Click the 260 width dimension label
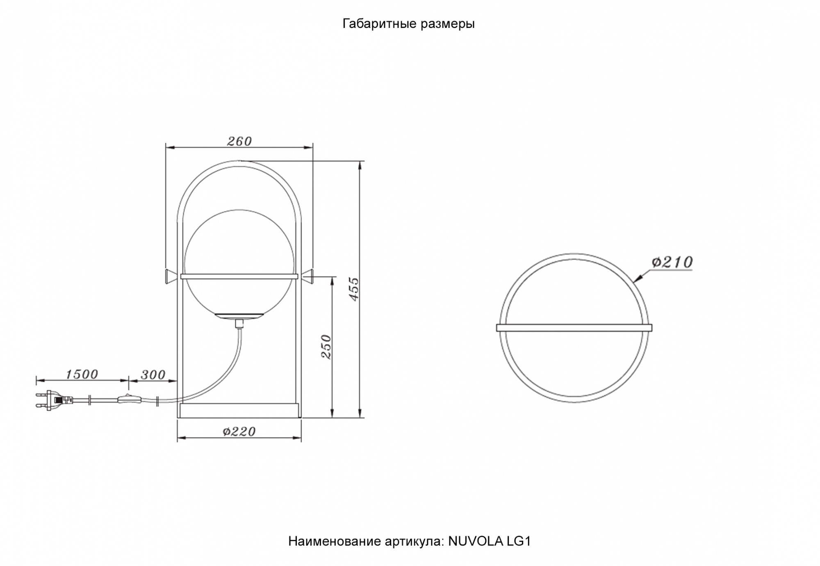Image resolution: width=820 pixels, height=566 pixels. [239, 141]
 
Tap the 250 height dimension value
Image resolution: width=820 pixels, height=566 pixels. [326, 347]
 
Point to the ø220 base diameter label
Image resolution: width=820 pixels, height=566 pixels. [239, 431]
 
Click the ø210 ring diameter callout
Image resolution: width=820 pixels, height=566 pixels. [672, 262]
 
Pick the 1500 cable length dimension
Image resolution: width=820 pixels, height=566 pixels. [82, 374]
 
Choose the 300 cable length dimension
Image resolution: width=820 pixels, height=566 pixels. [153, 374]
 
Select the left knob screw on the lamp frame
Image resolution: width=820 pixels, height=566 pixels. [171, 276]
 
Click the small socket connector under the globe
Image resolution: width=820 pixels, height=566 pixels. [239, 324]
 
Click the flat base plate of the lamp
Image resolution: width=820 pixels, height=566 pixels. [239, 410]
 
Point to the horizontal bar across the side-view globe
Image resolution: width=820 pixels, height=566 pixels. [239, 276]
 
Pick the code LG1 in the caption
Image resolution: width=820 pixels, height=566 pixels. [519, 541]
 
